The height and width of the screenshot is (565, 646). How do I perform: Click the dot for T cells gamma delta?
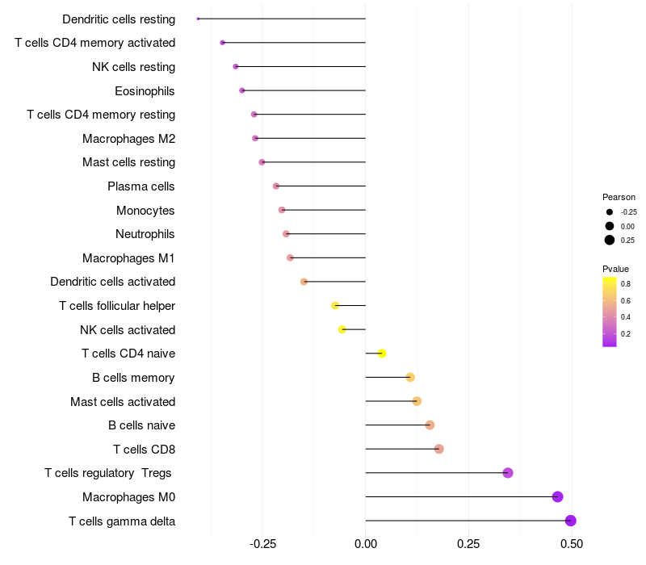click(x=570, y=521)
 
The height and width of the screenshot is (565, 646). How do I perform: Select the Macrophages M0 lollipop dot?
click(x=557, y=496)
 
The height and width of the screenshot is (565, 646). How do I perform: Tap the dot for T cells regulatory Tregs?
click(x=508, y=473)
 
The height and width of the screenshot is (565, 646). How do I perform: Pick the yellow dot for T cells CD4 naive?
click(x=382, y=354)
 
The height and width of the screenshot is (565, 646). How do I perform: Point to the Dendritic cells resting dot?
click(x=198, y=19)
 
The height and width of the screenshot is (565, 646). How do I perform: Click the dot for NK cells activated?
click(x=342, y=329)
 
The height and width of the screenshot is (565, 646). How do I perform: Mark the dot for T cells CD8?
click(x=438, y=449)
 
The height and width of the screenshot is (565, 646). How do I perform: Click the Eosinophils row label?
click(x=145, y=90)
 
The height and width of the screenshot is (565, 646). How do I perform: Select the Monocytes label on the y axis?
click(x=145, y=210)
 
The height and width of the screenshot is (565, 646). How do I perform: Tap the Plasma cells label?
click(x=141, y=186)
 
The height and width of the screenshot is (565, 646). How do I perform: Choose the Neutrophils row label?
click(x=145, y=234)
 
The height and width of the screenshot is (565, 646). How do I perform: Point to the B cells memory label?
click(x=133, y=377)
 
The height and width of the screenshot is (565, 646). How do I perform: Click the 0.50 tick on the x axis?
click(x=572, y=545)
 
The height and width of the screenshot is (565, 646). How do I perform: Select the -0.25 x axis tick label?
click(x=262, y=545)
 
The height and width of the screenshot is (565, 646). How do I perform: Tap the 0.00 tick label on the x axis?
click(x=365, y=545)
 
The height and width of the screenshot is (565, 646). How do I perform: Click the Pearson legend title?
click(x=619, y=197)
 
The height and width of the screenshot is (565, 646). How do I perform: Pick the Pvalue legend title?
click(x=615, y=269)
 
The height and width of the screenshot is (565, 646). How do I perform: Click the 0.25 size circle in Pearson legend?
click(x=610, y=240)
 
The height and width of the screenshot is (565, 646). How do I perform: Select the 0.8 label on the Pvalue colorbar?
click(x=626, y=284)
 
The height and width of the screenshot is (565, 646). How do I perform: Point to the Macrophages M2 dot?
click(x=255, y=138)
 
